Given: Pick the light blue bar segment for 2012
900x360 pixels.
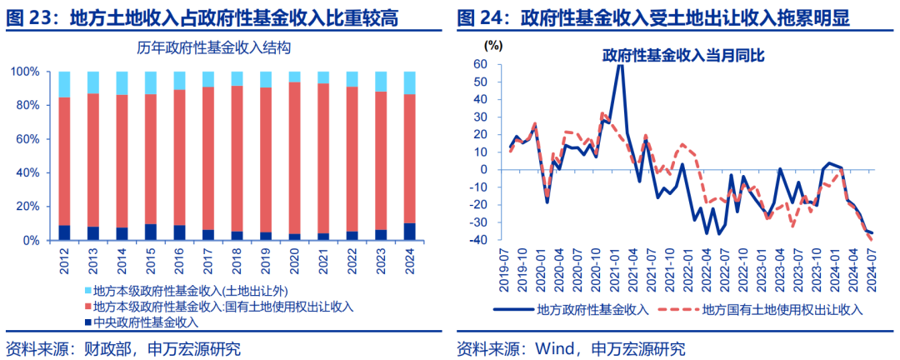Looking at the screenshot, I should click(x=64, y=84).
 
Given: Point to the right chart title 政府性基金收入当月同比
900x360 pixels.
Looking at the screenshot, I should click(x=684, y=56).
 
